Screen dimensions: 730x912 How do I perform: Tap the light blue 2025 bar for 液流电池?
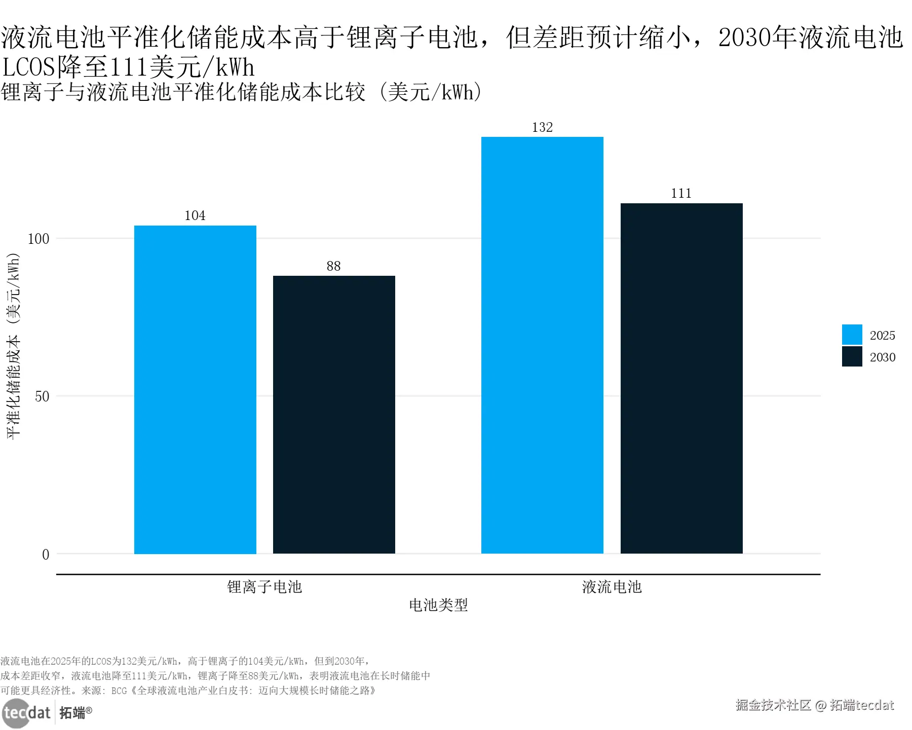coord(542,345)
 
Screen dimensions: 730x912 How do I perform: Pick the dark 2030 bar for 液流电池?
coord(681,378)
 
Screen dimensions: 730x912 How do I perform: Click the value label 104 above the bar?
coord(195,215)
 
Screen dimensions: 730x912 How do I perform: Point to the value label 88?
coord(333,266)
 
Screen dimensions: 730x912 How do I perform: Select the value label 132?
coord(542,127)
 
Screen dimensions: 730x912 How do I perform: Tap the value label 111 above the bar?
coord(681,193)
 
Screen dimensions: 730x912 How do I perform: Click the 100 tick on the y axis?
coord(39,239)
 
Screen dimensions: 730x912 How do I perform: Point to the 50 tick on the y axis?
coord(42,396)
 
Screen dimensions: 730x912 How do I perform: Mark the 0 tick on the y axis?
coord(46,555)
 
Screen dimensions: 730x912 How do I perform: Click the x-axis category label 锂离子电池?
coord(264,587)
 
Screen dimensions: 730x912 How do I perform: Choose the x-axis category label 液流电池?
coord(612,587)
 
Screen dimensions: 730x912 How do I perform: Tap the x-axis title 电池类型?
coord(438,605)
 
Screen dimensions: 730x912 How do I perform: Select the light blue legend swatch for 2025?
coord(852,335)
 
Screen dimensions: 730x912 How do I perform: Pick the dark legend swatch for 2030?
coord(852,356)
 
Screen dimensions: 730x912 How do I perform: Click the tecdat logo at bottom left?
coord(27,713)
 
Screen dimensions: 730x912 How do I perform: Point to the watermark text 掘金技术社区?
coord(773,705)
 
